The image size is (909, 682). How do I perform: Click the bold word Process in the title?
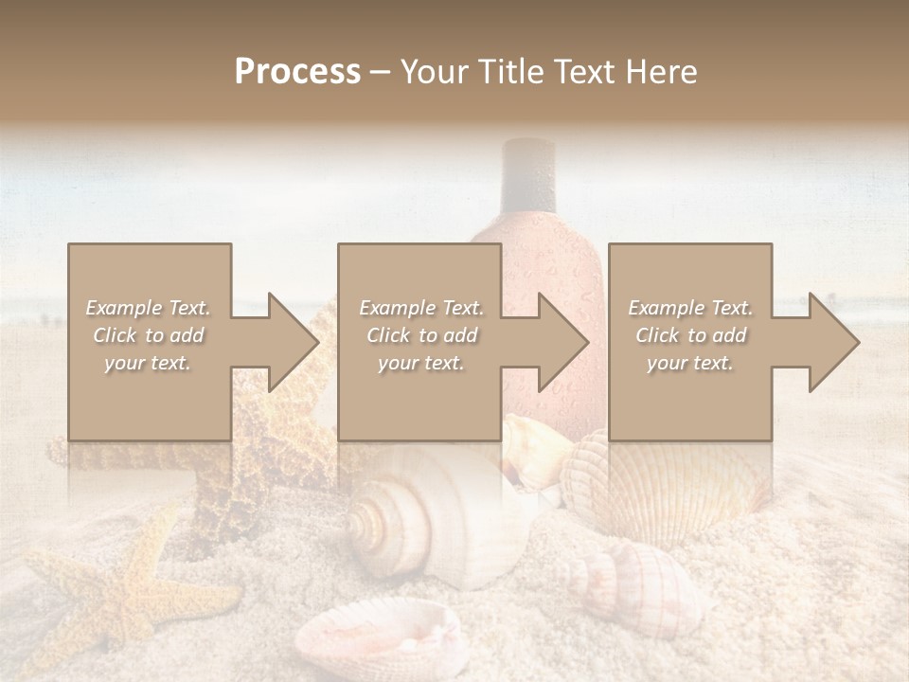click(297, 72)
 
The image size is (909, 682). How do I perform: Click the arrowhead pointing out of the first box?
click(290, 342)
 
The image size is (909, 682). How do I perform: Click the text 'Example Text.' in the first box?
click(148, 308)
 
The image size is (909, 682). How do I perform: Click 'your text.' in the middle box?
click(420, 363)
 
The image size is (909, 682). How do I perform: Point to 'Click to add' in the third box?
click(689, 335)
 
